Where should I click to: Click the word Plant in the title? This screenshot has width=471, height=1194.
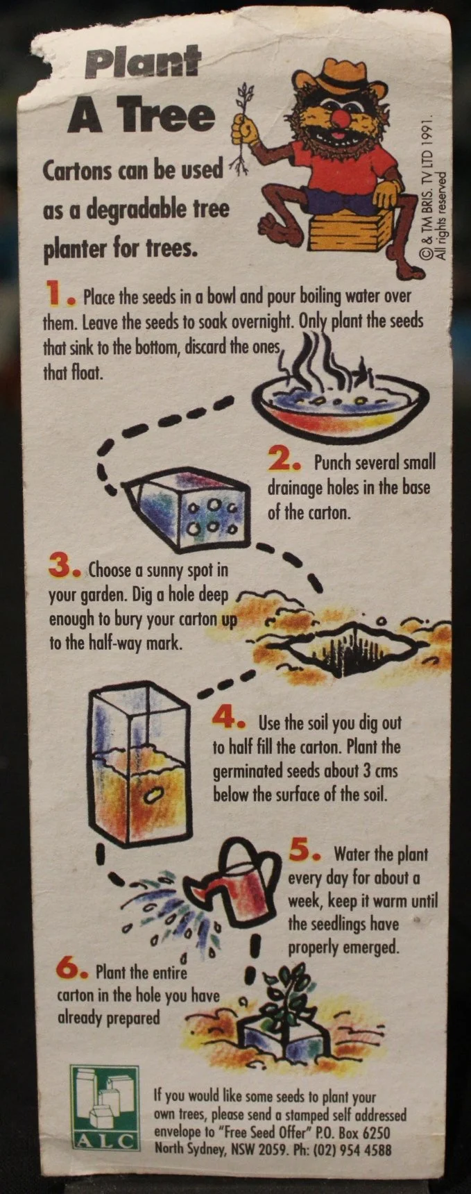(143, 65)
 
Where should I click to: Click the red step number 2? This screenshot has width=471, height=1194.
(282, 461)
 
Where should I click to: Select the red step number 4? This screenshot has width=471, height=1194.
(226, 718)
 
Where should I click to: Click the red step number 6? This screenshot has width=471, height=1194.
(70, 968)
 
